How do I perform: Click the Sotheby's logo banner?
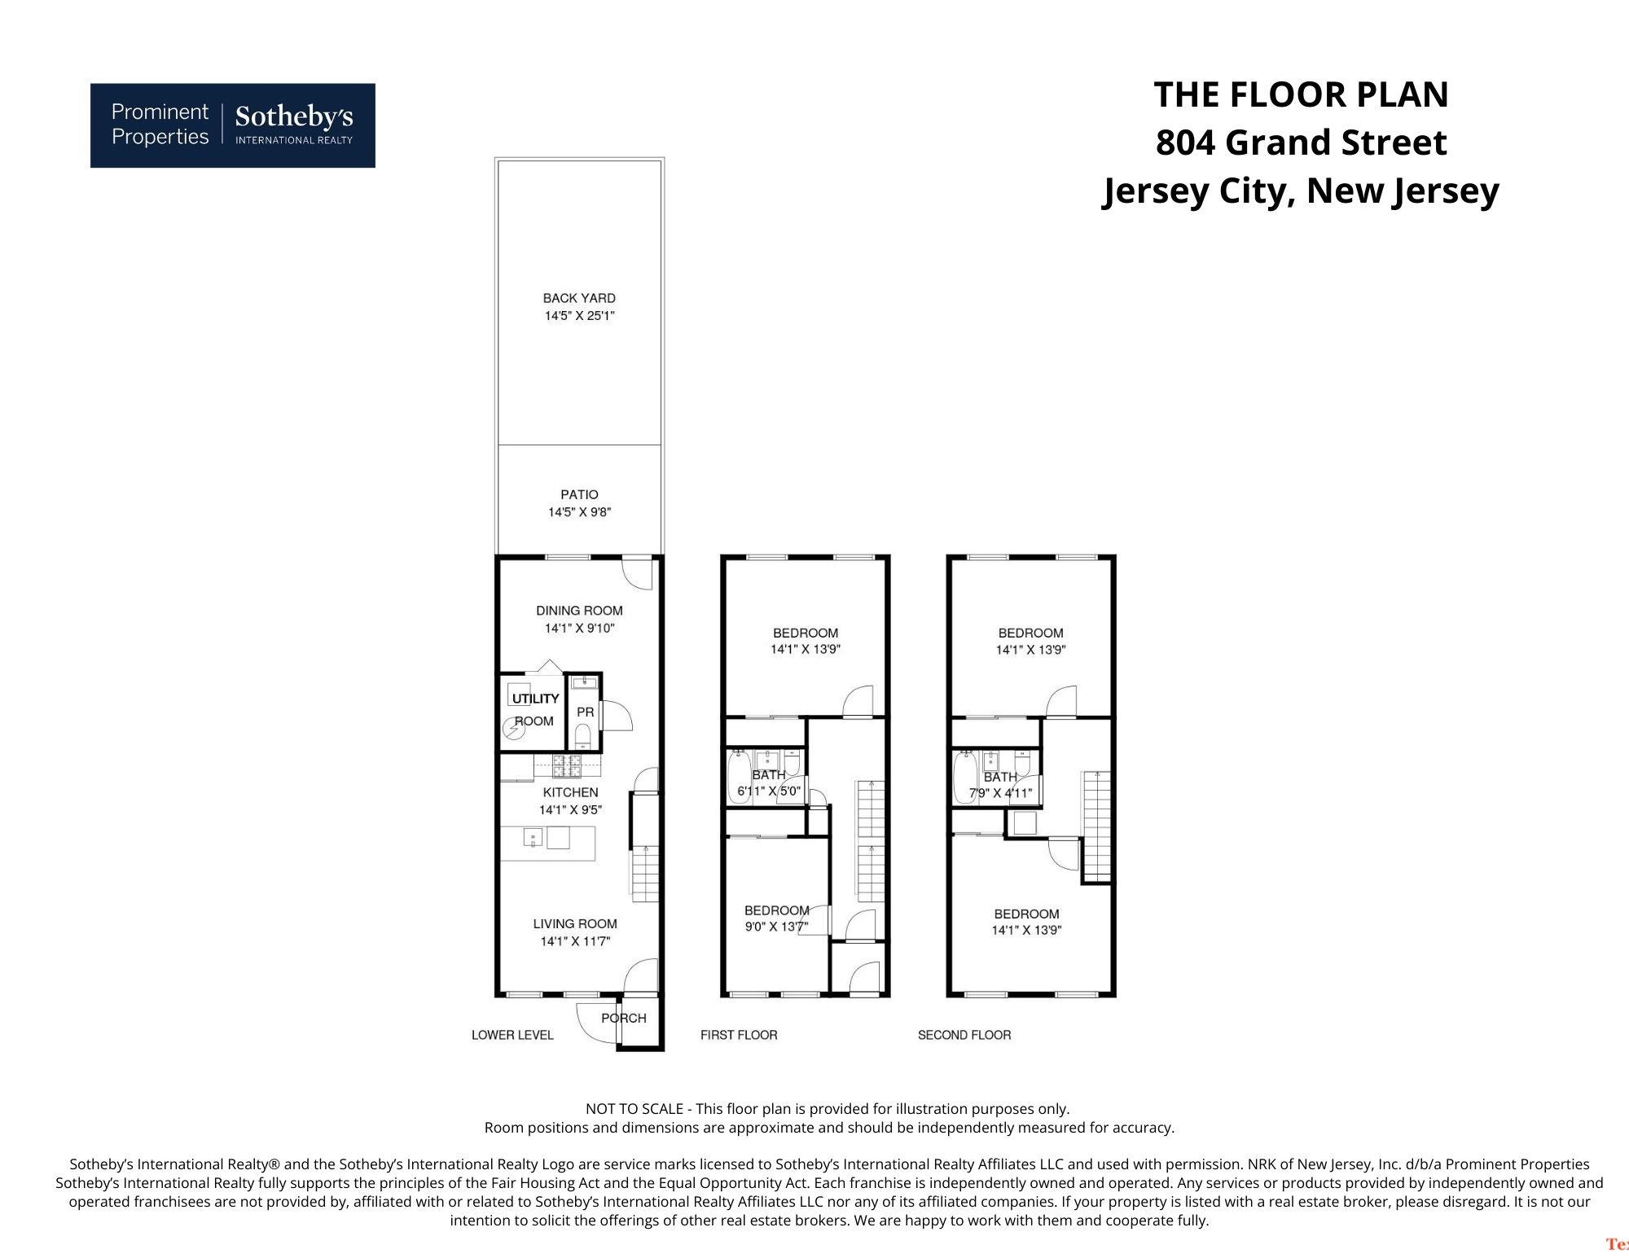pos(232,125)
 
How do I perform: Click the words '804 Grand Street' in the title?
pos(1301,142)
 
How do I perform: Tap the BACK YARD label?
pos(579,298)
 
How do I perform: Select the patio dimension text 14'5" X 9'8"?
pos(579,512)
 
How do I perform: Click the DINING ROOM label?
pos(579,611)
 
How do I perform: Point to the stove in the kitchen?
pos(567,765)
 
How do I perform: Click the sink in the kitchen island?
pos(533,837)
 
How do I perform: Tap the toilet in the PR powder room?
pos(583,737)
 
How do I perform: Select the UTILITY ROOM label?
pos(535,709)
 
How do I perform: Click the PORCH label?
pos(624,1018)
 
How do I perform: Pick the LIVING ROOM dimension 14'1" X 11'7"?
pos(575,941)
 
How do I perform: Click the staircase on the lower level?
pos(645,874)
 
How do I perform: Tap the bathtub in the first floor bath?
pos(739,778)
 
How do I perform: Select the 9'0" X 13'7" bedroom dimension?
pos(776,926)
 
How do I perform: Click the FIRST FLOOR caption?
pos(739,1035)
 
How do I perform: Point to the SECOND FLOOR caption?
pos(964,1035)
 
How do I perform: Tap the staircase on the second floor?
pos(1096,825)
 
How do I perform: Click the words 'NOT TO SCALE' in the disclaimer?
pos(634,1109)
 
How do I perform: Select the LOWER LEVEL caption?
pos(512,1035)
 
